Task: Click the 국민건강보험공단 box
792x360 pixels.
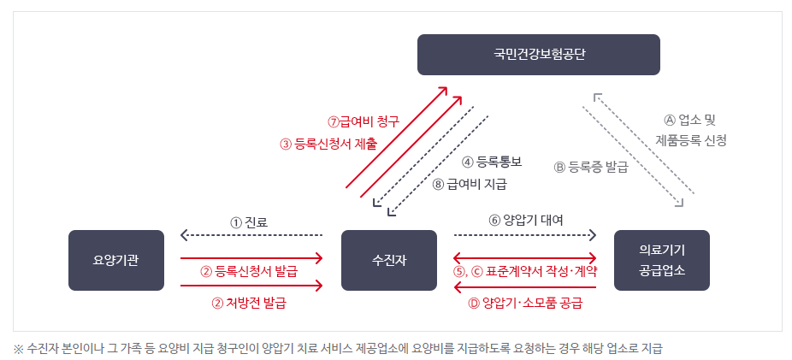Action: point(538,55)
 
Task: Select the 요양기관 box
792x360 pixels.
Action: point(116,260)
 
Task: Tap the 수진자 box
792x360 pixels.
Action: point(388,260)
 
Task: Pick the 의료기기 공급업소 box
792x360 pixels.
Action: point(661,260)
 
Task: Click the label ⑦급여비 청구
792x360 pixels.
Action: point(363,121)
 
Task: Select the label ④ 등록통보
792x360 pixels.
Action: point(492,162)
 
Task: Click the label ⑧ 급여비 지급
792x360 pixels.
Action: point(470,183)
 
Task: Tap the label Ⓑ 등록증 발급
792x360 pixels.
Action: point(591,168)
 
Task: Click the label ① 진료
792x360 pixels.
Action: point(249,221)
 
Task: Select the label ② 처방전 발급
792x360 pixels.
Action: point(249,302)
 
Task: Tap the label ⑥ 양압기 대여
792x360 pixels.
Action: point(525,220)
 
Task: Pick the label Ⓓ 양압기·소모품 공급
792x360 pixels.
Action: point(525,302)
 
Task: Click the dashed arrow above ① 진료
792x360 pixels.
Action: point(251,234)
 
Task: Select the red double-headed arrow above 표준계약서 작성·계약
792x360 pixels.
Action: point(524,257)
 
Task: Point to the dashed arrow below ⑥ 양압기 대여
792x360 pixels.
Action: point(524,233)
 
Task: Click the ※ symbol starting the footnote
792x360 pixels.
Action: point(18,348)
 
